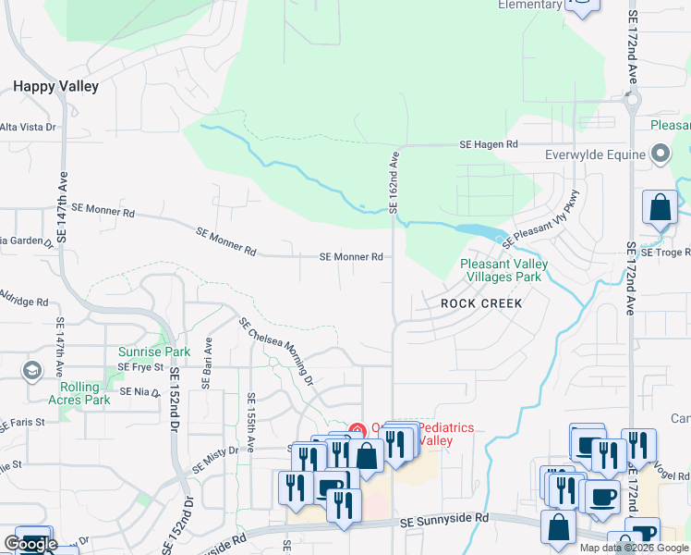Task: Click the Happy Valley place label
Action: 55,86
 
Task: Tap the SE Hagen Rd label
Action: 490,145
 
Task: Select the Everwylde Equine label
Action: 594,154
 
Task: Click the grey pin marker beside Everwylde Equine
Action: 661,154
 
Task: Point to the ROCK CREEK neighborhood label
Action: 481,303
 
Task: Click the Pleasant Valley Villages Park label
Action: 503,270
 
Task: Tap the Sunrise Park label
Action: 154,351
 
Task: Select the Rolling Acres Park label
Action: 84,393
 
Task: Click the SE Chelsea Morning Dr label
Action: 276,351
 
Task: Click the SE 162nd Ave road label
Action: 394,181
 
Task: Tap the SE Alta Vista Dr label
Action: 28,128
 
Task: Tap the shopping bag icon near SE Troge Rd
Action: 661,208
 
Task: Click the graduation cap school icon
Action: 32,372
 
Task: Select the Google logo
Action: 30,544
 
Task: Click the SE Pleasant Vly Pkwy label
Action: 540,219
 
